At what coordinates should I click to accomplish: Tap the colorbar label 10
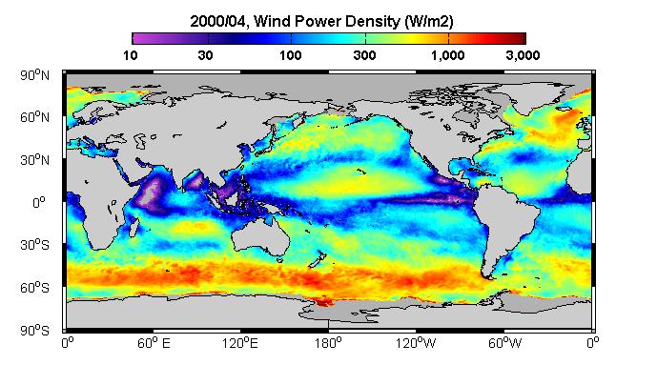[x=131, y=55]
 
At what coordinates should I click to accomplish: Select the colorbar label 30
[x=205, y=55]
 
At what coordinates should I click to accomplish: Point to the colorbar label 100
[x=291, y=55]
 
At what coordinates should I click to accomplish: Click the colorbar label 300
[x=364, y=55]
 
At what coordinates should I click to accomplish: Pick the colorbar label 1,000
[x=448, y=55]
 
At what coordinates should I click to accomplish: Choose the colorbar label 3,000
[x=523, y=55]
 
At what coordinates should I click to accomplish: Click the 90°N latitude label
[x=34, y=75]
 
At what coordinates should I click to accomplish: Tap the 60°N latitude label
[x=34, y=117]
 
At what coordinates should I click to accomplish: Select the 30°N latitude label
[x=34, y=160]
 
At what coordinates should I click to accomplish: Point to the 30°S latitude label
[x=34, y=245]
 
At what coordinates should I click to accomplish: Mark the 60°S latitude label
[x=34, y=288]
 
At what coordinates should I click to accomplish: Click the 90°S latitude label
[x=34, y=331]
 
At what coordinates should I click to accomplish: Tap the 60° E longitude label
[x=154, y=343]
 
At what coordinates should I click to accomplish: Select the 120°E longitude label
[x=240, y=343]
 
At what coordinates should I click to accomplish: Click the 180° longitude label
[x=328, y=343]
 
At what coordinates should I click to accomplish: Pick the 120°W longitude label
[x=416, y=343]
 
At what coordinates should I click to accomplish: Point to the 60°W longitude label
[x=504, y=343]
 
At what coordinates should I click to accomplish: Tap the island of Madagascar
[x=134, y=225]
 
